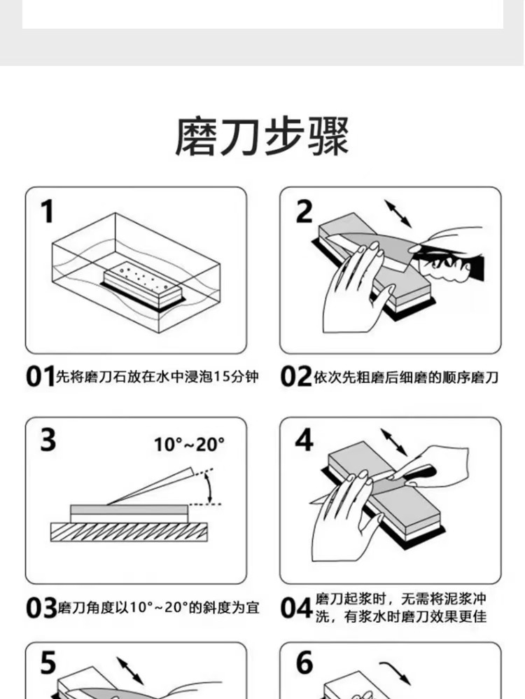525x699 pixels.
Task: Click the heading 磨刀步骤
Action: (x=262, y=137)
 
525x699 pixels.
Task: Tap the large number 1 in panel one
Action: (x=47, y=212)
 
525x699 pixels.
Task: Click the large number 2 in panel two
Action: (x=303, y=212)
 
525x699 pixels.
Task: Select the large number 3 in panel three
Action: (x=48, y=441)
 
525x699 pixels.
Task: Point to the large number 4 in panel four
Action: (x=304, y=441)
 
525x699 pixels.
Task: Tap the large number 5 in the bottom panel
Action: (x=48, y=663)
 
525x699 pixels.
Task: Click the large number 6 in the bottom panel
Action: (x=304, y=663)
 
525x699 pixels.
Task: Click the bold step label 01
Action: (x=40, y=378)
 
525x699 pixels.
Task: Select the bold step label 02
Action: (x=295, y=378)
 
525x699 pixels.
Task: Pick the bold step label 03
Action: (x=41, y=607)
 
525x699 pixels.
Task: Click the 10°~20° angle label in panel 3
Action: (x=189, y=444)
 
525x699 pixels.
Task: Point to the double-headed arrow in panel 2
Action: (x=398, y=213)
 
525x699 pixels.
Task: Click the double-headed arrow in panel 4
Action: (x=395, y=443)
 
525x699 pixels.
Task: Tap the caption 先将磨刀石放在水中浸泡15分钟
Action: (x=157, y=378)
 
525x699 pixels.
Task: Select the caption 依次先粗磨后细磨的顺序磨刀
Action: (x=406, y=378)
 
